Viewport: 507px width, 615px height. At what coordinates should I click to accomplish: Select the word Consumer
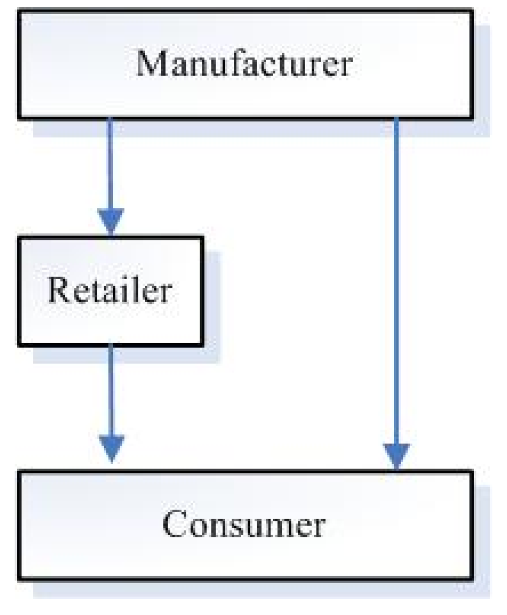(x=244, y=524)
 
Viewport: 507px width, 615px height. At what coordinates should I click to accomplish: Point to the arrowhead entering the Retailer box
(x=111, y=222)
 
